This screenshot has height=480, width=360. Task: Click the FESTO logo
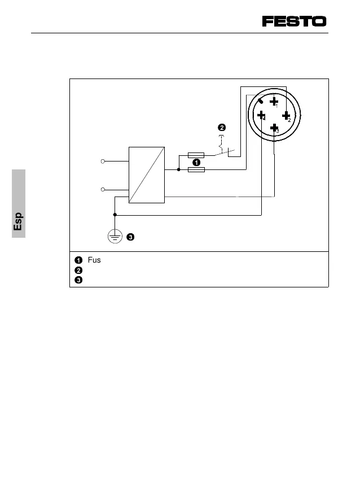coord(294,21)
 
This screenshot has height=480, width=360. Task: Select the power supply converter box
coord(146,174)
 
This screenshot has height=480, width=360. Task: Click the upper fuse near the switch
coord(195,155)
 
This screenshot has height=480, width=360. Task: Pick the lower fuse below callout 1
coord(195,169)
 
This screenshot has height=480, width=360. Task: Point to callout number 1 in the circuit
coord(196,162)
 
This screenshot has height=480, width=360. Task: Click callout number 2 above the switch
coord(222,127)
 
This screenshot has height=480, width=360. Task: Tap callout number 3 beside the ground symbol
coord(130,237)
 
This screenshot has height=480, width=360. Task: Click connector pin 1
coord(274,102)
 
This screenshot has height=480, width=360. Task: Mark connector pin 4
coord(261,115)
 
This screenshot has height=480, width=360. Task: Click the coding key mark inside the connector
coord(261,102)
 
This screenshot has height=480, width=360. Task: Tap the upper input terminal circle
coord(103,162)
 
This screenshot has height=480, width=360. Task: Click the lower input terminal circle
coord(103,189)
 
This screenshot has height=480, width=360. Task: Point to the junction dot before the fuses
coord(178,169)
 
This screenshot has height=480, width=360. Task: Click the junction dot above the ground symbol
coord(115,215)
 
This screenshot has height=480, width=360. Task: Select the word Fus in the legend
coord(94,260)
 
